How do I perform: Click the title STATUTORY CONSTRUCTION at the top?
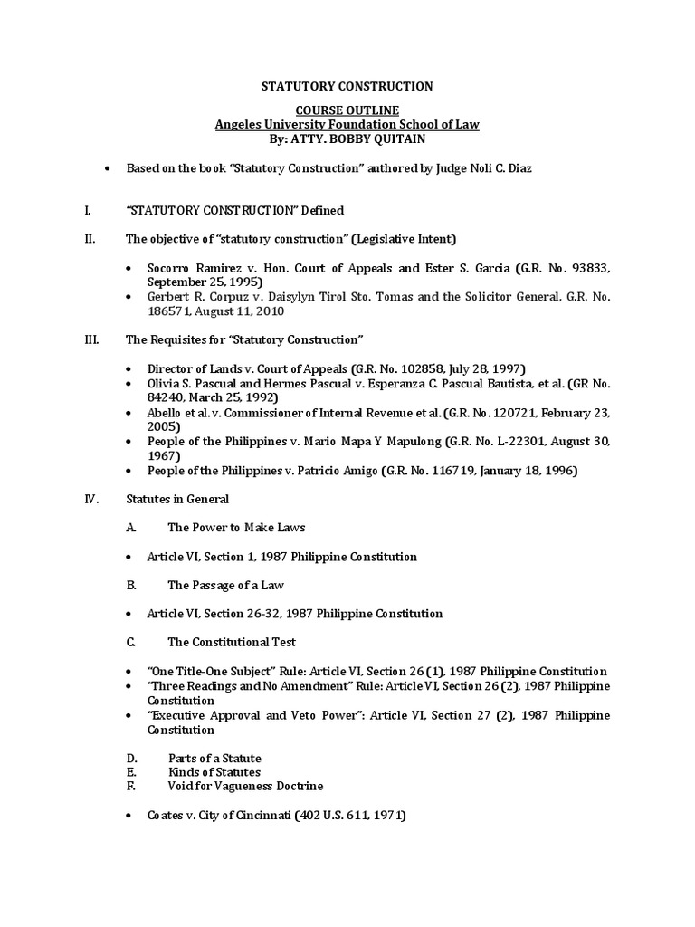pos(347,86)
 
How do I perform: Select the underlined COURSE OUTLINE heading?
pos(347,110)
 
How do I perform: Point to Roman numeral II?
pos(86,239)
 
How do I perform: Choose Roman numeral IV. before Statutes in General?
pos(88,499)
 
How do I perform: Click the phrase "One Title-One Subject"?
pos(205,671)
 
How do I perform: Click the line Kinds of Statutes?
pos(214,772)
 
